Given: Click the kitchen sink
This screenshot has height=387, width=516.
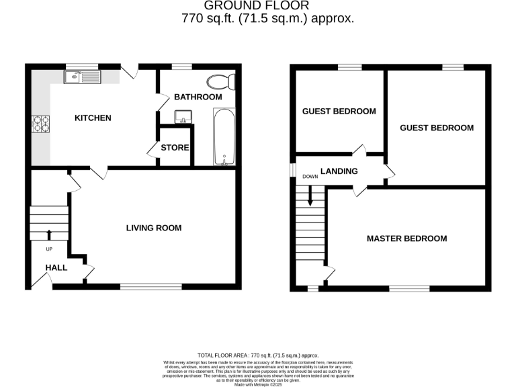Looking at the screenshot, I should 81,77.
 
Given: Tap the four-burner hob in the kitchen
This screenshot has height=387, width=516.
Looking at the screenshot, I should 41,124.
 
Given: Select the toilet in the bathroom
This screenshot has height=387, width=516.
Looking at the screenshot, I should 220,83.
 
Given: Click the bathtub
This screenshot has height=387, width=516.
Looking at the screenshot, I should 224,137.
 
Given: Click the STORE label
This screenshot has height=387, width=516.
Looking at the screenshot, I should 175,148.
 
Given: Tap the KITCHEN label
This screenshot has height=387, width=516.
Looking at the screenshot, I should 93,118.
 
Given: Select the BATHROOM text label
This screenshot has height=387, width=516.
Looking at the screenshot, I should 198,97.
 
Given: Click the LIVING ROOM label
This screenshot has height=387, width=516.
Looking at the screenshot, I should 154,228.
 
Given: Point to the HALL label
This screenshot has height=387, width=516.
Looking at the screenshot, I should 56,267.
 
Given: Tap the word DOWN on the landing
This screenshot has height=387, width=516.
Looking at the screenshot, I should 310,177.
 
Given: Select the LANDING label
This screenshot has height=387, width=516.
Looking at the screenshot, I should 339,171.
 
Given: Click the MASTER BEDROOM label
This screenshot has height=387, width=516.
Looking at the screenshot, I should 406,239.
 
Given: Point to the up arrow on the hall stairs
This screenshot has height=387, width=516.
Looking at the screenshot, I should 48,234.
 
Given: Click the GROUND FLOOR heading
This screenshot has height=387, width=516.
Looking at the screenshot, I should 267,7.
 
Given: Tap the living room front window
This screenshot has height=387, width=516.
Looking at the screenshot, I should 150,287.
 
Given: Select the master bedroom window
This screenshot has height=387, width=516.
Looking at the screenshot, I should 409,288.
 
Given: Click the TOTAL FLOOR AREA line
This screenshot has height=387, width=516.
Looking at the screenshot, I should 258,355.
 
